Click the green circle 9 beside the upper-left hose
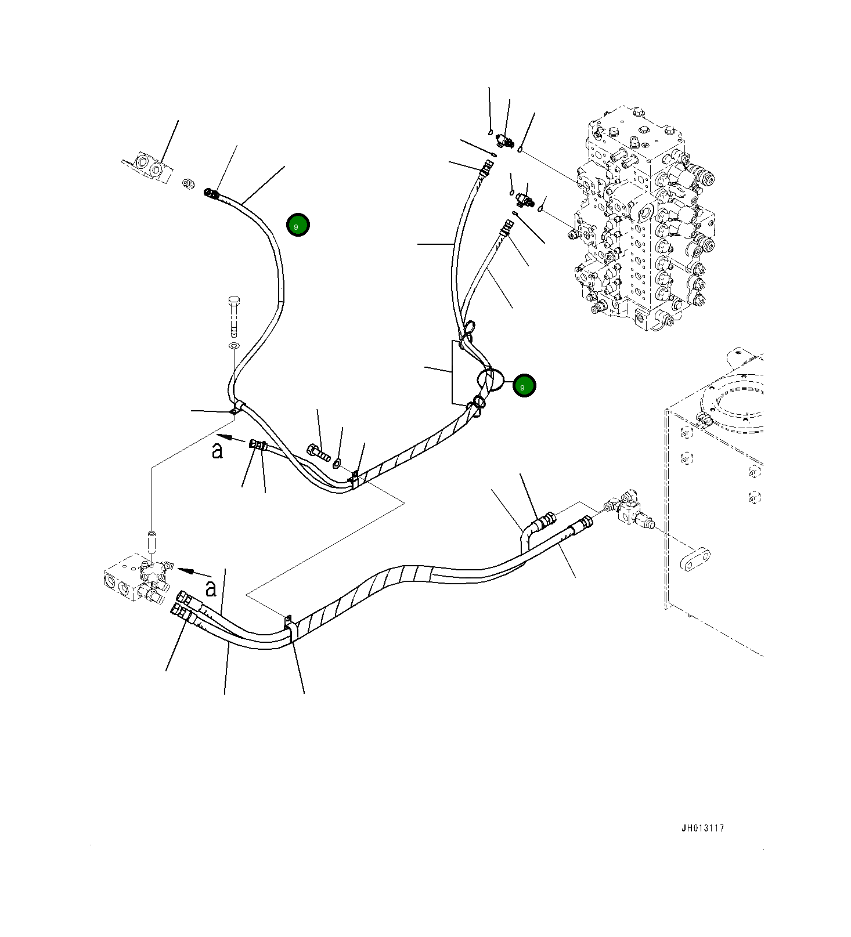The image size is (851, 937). (x=298, y=225)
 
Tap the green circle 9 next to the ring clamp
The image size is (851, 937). (x=524, y=386)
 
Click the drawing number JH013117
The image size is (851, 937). (x=702, y=829)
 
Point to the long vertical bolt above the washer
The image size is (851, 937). (x=234, y=316)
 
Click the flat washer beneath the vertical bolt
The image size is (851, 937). (x=234, y=346)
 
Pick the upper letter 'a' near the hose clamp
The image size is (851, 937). (x=217, y=451)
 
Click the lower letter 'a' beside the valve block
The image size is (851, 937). (x=211, y=589)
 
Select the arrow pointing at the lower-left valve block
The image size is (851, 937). (x=186, y=570)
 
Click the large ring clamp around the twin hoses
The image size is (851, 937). (x=489, y=380)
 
